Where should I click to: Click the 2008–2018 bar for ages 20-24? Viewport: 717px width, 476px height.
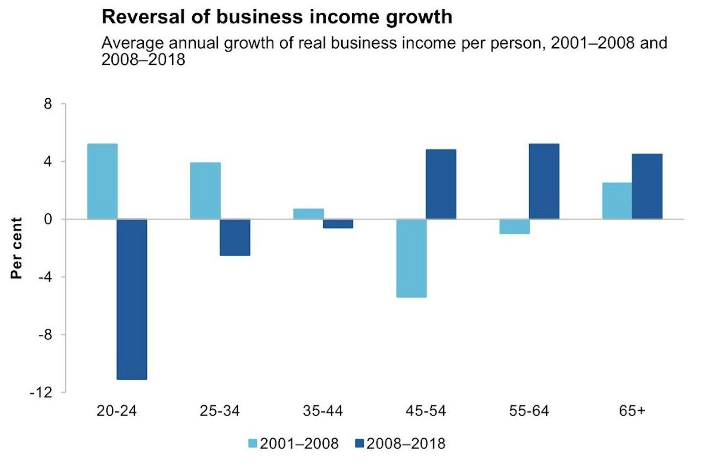[132, 299]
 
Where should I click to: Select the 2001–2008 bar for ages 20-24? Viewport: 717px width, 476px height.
[102, 181]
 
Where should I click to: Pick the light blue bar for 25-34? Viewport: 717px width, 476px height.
[205, 191]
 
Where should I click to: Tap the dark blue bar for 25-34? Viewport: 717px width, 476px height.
[235, 237]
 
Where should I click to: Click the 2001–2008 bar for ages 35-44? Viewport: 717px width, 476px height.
[308, 214]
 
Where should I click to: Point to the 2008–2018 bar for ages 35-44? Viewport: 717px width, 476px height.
[338, 223]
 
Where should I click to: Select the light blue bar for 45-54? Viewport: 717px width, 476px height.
[412, 258]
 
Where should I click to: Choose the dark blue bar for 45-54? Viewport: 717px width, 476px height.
[441, 184]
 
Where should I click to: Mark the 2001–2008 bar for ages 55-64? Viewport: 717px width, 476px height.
[515, 226]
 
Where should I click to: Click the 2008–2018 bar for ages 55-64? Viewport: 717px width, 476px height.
[544, 181]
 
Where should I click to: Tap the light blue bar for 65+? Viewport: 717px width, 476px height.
[617, 201]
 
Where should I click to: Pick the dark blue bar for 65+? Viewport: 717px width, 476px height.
[647, 186]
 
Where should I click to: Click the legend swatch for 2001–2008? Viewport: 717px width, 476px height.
[253, 443]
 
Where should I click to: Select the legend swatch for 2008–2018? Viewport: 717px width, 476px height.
[359, 443]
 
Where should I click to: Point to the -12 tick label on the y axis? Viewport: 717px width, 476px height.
[41, 393]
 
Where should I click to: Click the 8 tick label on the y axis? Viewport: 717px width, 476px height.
[47, 104]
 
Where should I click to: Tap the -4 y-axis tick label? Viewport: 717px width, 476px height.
[44, 277]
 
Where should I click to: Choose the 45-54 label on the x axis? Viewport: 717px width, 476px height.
[426, 411]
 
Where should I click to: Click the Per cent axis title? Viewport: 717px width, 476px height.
[16, 248]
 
